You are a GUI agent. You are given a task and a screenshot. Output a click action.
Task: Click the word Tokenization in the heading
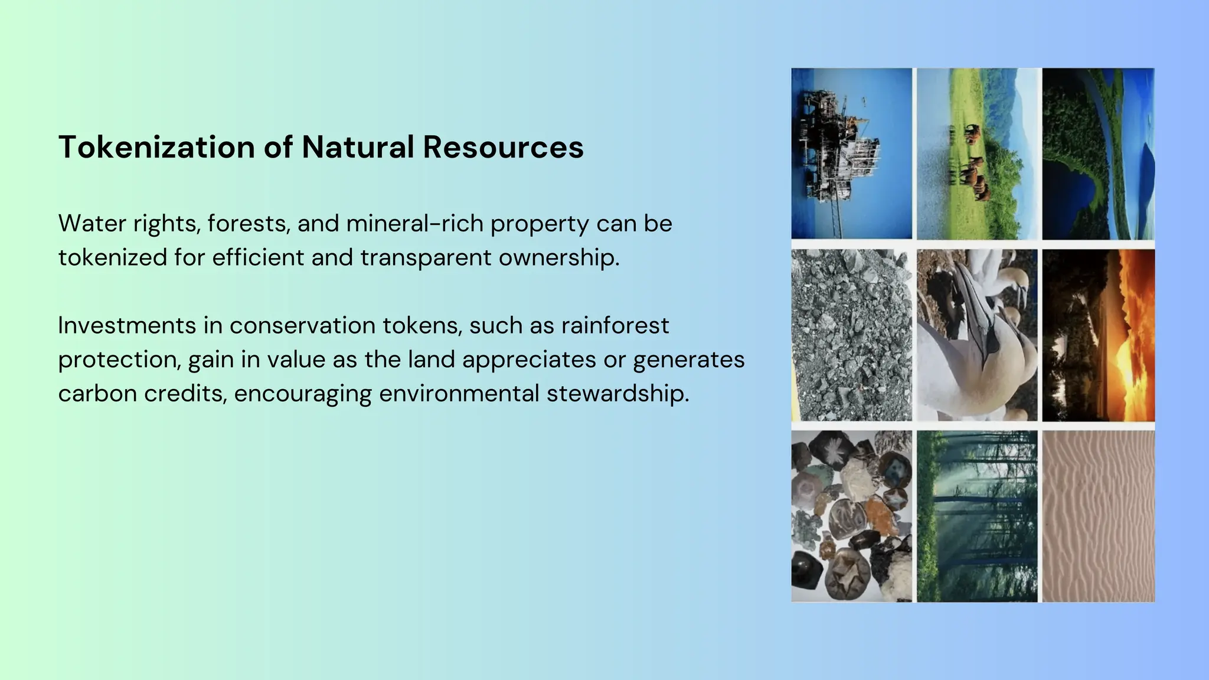pos(156,147)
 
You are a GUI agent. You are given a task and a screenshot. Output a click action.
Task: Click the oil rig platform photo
pos(851,153)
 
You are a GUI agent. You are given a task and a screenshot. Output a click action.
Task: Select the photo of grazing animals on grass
pos(976,153)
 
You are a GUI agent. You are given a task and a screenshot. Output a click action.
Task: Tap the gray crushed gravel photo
pos(851,335)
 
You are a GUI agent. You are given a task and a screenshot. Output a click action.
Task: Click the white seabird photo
pos(976,335)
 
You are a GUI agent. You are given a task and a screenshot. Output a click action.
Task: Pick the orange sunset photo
pos(1098,335)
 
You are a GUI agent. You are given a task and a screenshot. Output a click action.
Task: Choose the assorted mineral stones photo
pos(851,516)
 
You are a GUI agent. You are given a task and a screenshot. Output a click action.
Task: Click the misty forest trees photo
pos(976,516)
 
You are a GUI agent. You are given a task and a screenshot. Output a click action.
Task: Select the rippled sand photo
pos(1098,516)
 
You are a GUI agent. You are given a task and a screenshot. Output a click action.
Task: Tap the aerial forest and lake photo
pos(1098,153)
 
